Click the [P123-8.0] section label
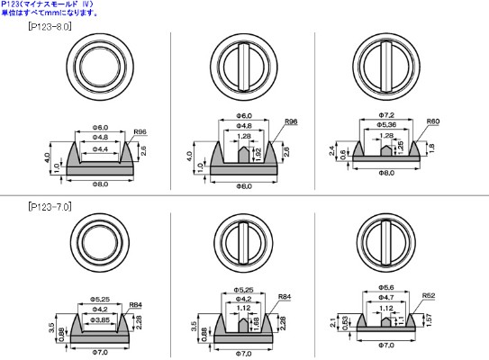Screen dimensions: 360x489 point(50,28)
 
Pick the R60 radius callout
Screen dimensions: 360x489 point(433,120)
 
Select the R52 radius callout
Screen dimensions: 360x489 point(429,294)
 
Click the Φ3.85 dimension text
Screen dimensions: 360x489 point(101,319)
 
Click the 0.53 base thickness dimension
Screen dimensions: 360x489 point(345,327)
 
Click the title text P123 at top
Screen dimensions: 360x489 point(11,4)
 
